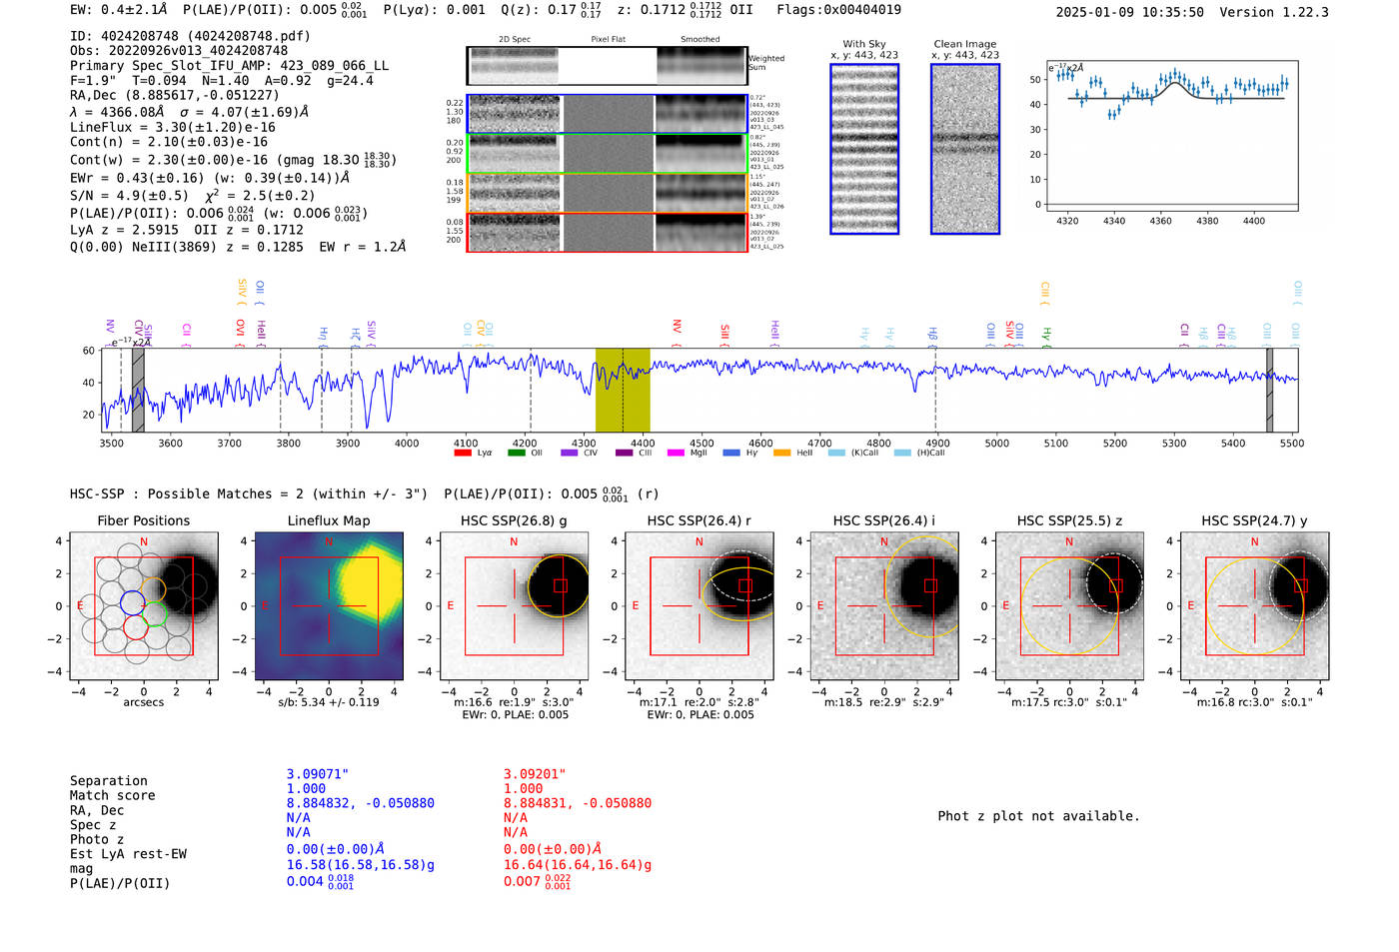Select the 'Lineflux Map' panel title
click(328, 520)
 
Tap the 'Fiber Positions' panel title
click(143, 520)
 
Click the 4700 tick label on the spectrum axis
click(819, 444)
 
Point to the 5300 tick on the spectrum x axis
click(1174, 444)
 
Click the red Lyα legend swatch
click(462, 454)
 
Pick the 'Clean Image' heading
click(964, 44)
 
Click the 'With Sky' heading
click(863, 44)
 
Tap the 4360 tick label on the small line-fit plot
click(1160, 221)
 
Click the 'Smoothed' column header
click(699, 40)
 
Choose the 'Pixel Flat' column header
click(608, 40)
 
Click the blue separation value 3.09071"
click(317, 774)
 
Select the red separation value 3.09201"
click(534, 774)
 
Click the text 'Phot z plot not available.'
click(1038, 816)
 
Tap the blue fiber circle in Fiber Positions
click(132, 601)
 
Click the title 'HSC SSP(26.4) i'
click(883, 520)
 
